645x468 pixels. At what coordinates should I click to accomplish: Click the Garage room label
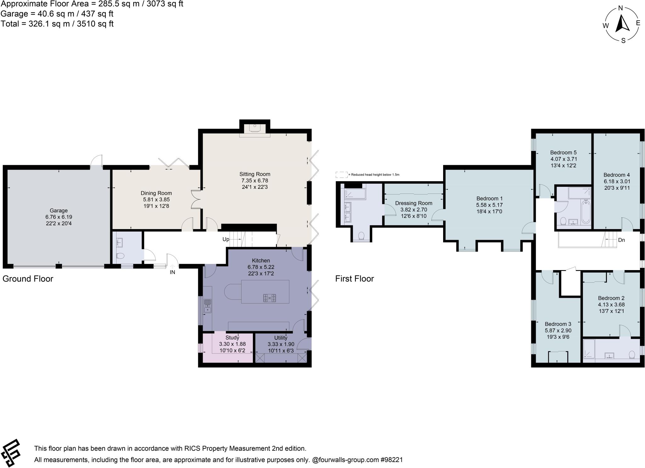click(x=59, y=211)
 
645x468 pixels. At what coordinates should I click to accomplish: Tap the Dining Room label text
click(x=156, y=193)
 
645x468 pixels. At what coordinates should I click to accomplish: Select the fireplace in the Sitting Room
click(x=254, y=128)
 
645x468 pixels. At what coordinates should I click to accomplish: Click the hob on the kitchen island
click(x=270, y=298)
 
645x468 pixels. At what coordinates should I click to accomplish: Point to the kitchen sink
click(x=208, y=306)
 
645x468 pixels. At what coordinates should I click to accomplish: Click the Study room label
click(x=232, y=338)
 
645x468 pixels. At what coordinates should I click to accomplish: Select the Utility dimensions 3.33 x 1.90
click(x=281, y=344)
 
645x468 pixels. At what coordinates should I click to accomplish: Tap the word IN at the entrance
click(x=172, y=272)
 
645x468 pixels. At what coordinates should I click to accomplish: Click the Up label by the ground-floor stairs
click(x=226, y=239)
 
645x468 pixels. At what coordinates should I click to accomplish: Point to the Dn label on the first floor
click(x=621, y=240)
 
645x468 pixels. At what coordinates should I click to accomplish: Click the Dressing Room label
click(x=414, y=203)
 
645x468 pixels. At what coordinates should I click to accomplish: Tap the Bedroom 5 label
click(x=563, y=153)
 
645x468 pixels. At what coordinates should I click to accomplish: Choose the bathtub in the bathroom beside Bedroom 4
click(x=586, y=211)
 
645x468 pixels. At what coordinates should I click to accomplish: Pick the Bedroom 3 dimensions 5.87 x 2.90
click(x=558, y=331)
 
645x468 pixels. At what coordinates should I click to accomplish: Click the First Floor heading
click(x=354, y=279)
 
